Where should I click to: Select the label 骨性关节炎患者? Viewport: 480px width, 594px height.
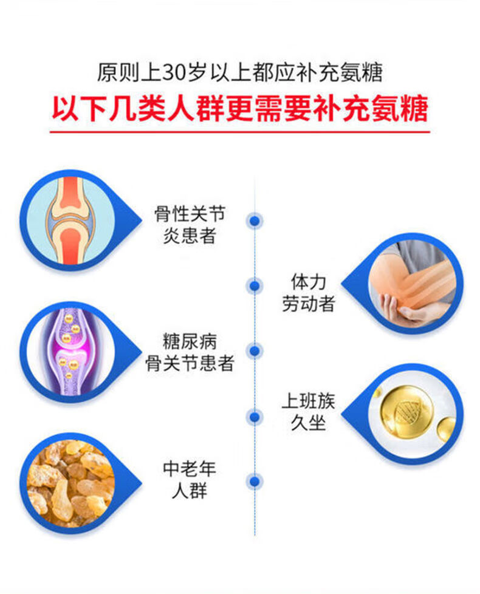tap(190, 224)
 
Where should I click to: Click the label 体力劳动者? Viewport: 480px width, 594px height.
tap(308, 293)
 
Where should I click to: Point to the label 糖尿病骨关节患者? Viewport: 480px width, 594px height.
tap(190, 353)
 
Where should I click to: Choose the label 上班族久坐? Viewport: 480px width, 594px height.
tap(308, 411)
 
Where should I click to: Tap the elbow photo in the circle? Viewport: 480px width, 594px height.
tap(411, 283)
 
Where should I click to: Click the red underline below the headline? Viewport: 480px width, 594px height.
tap(239, 131)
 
